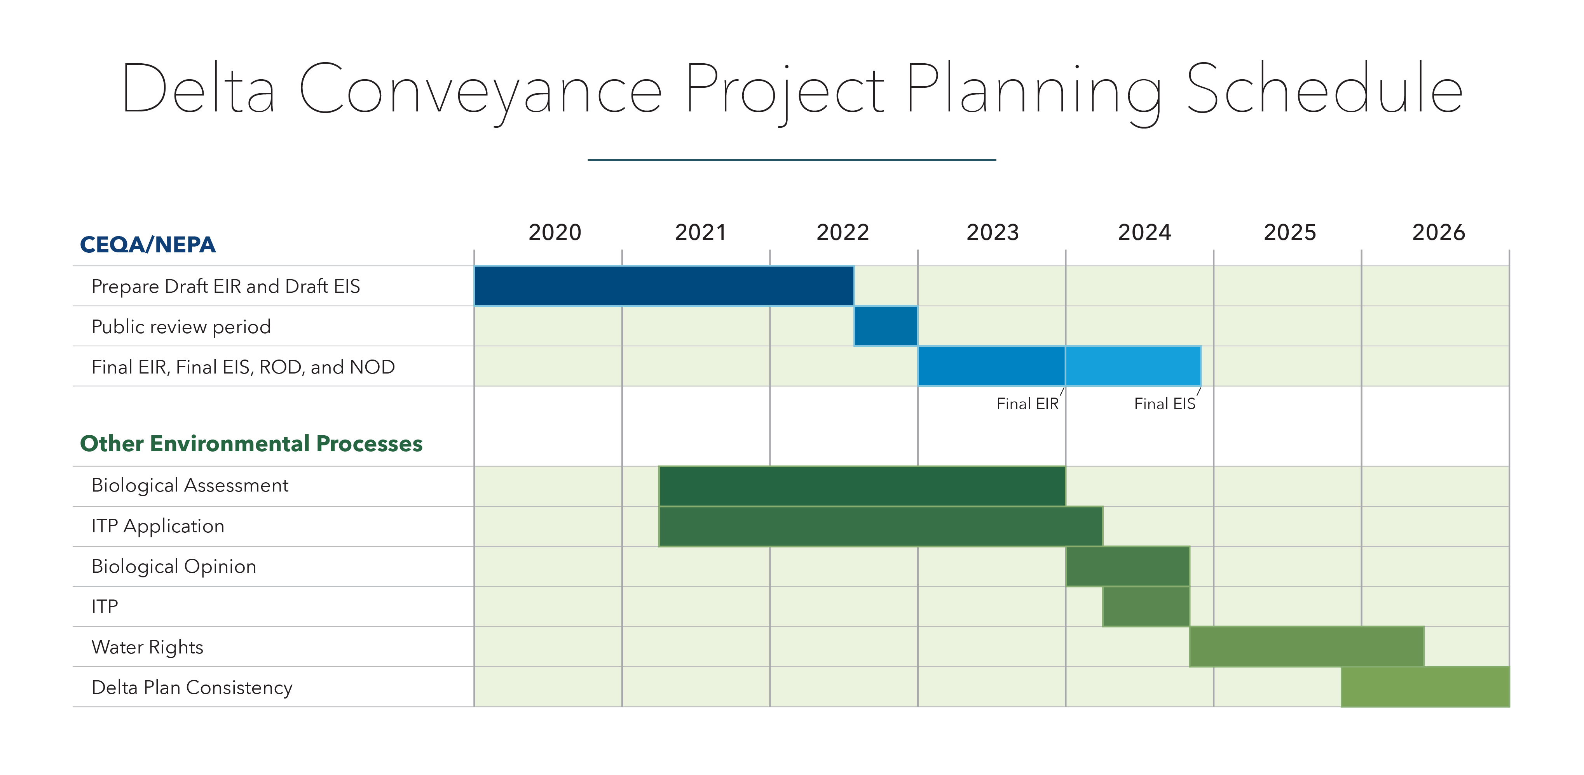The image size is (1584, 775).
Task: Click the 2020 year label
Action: [x=555, y=232]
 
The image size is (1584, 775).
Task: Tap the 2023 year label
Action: [x=993, y=232]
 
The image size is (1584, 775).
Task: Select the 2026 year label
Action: [x=1438, y=232]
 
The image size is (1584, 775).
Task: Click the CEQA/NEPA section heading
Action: [x=148, y=245]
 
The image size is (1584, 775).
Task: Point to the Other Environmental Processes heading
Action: [x=251, y=443]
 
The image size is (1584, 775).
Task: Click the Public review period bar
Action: [x=886, y=326]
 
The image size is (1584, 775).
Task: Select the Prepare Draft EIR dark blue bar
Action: [x=664, y=286]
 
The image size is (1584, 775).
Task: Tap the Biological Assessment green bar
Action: [x=862, y=485]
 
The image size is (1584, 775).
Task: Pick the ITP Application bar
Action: [x=881, y=526]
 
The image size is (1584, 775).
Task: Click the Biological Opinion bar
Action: [x=1127, y=566]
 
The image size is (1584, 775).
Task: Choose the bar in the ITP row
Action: [x=1146, y=606]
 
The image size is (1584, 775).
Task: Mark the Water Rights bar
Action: [x=1306, y=646]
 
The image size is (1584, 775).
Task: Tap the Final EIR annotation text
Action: [x=1027, y=404]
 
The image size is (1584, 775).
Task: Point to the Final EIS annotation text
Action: [x=1164, y=404]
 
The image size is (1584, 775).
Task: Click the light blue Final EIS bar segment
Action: [x=1133, y=366]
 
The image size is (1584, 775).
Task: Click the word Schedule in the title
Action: [x=1324, y=89]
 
